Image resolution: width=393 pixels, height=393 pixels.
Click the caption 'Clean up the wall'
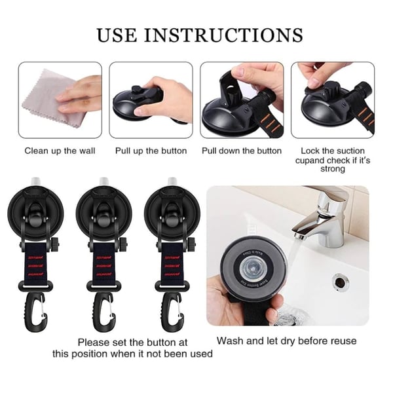point(60,151)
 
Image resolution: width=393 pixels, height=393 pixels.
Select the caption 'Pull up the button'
point(151,151)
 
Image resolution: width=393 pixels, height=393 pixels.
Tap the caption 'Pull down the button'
point(242,151)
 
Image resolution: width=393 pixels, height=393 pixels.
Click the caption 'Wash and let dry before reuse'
point(287,341)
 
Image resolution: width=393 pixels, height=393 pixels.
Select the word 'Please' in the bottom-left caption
point(94,342)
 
